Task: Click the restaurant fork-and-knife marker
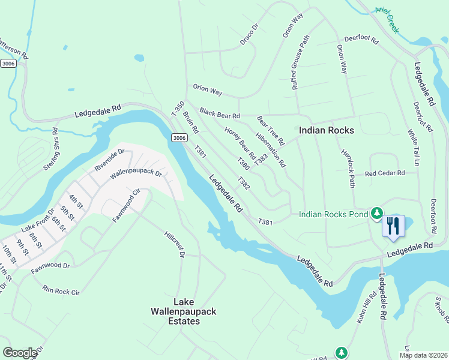[x=393, y=226]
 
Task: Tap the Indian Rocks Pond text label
[x=333, y=214]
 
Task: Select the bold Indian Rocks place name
[x=327, y=130]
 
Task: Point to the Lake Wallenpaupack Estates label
[x=186, y=311]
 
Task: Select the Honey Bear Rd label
[x=240, y=140]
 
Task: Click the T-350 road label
[x=177, y=110]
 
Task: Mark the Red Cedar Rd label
[x=385, y=173]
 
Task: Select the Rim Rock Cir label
[x=61, y=290]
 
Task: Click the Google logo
[x=20, y=352]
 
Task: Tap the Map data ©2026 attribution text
[x=423, y=355]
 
